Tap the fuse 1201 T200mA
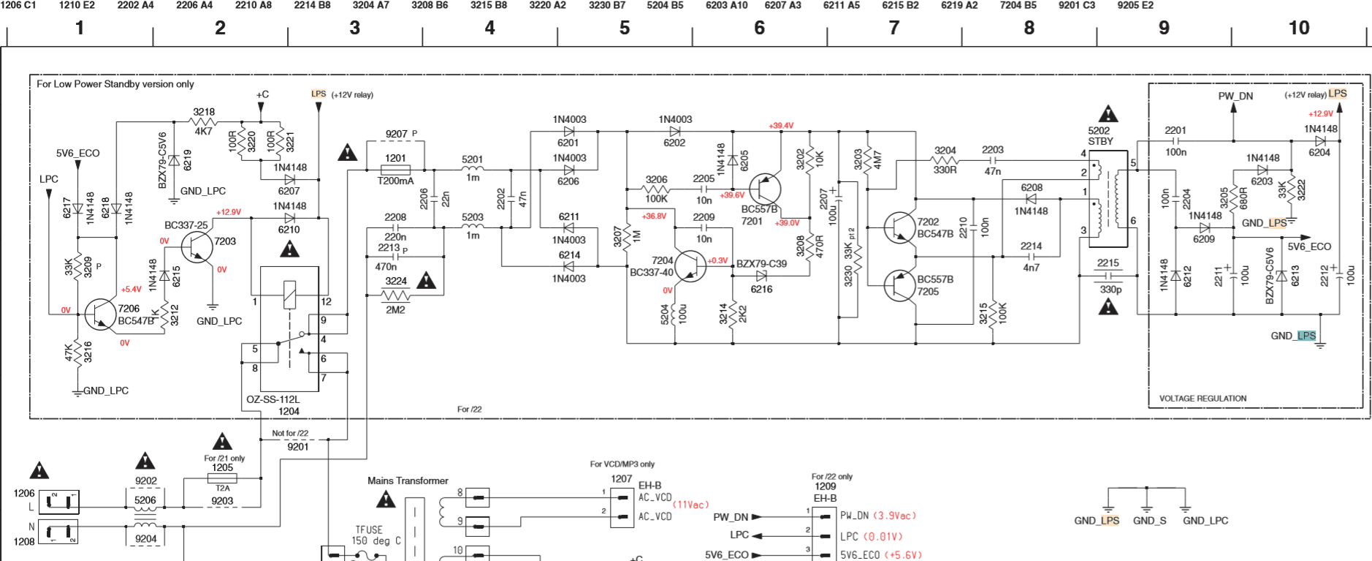pos(395,170)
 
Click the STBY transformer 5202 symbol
pos(1108,200)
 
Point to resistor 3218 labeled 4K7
pos(204,121)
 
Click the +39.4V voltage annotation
pos(780,126)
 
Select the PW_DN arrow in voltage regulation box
pos(1234,108)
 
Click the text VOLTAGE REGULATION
pos(1203,399)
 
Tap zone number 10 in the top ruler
pos(1298,28)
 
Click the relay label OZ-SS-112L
pos(273,399)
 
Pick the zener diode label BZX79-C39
pos(761,264)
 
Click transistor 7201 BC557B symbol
pos(765,189)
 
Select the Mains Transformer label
pos(408,481)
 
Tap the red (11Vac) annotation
pos(690,505)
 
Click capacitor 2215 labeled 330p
pos(1108,276)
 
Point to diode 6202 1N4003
pos(674,132)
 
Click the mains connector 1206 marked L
pos(58,502)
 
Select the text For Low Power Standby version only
pos(115,84)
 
